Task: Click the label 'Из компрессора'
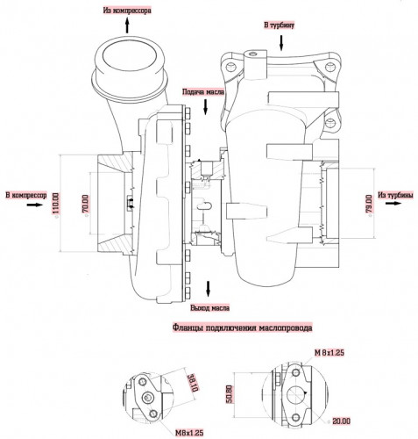127,11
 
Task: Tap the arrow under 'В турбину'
281,43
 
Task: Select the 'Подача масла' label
203,92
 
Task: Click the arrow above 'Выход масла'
209,289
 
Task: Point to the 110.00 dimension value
56,203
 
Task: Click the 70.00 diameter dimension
87,203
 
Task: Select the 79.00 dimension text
369,204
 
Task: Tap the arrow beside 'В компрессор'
35,205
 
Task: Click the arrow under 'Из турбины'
392,203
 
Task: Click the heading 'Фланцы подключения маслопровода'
242,327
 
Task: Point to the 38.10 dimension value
193,383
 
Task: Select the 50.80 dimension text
230,393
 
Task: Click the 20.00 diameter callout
341,421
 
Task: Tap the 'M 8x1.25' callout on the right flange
329,353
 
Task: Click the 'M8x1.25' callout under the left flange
189,433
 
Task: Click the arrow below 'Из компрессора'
127,25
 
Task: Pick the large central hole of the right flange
295,395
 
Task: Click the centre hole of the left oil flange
148,397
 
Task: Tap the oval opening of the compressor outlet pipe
128,55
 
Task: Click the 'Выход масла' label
210,308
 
